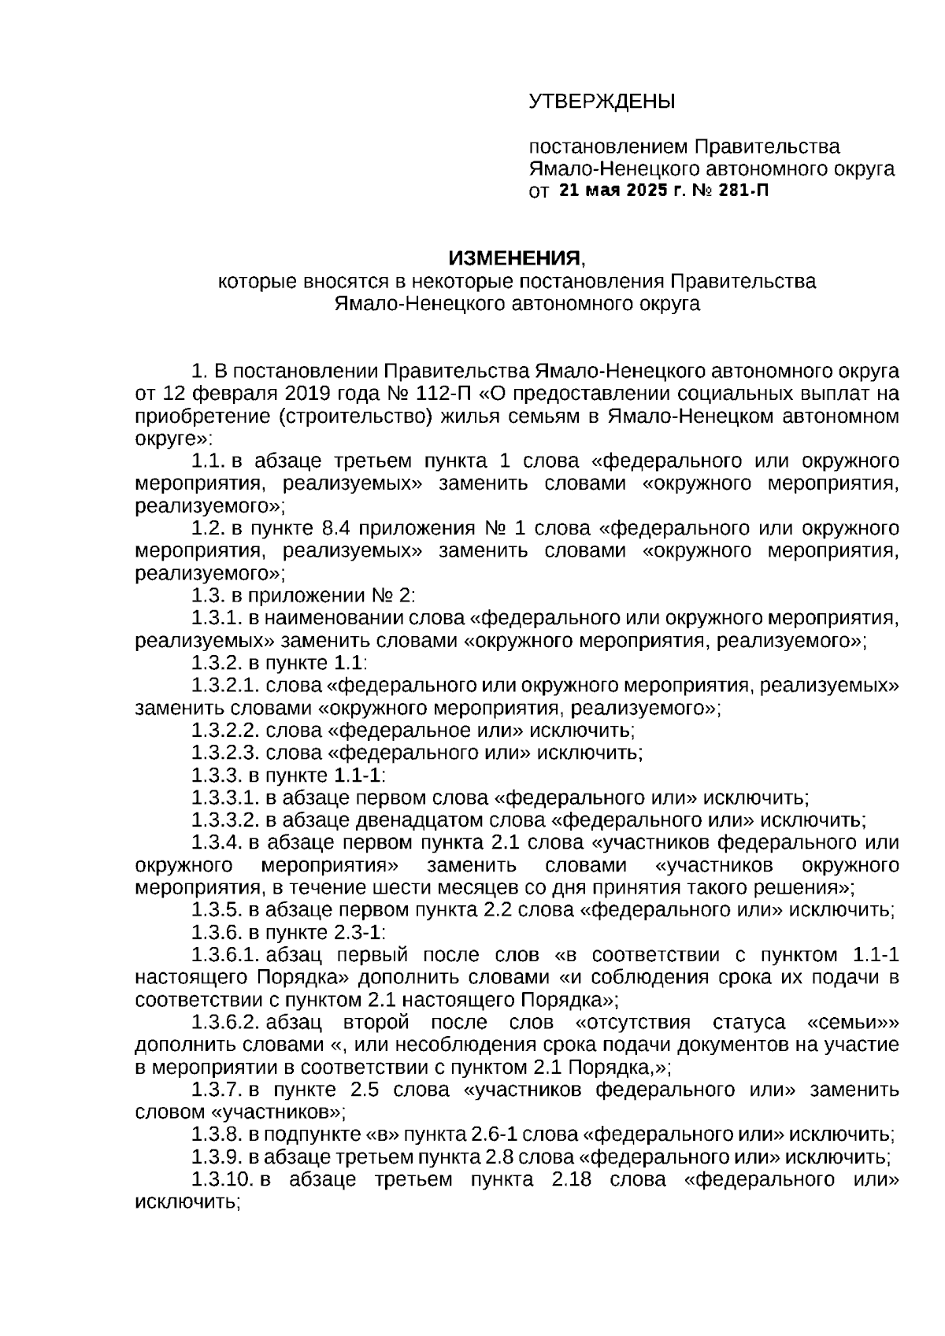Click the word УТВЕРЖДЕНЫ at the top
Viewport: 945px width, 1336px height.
tap(601, 102)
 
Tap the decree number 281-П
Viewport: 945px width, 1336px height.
tap(743, 191)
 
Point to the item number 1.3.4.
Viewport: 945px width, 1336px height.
tap(217, 843)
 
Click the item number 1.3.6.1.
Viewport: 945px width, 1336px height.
tap(225, 956)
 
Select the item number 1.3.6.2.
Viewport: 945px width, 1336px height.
tap(225, 1023)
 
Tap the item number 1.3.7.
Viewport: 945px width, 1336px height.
tap(217, 1090)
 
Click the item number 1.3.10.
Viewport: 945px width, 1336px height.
tap(222, 1180)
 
